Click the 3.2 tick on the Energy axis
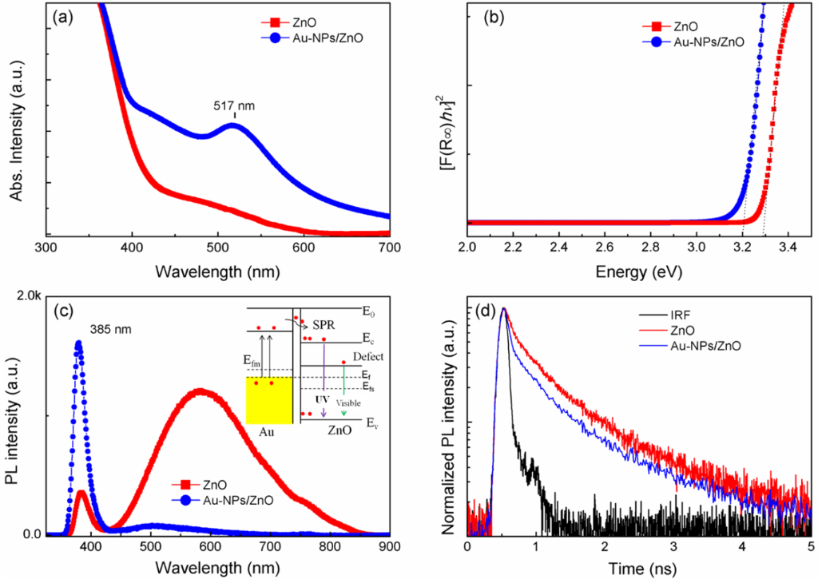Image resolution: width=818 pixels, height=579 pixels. [743, 249]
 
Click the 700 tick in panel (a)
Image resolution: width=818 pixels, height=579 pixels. [388, 249]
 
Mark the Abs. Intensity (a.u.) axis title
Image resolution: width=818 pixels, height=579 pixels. [16, 124]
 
